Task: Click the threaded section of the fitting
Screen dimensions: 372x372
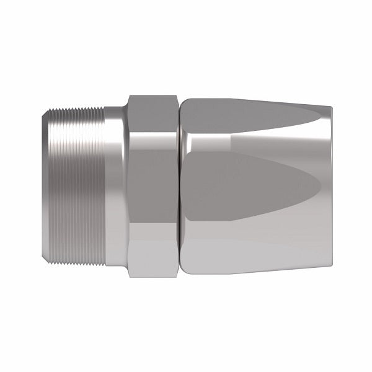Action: (77, 186)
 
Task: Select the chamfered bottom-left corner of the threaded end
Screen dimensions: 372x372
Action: (52, 260)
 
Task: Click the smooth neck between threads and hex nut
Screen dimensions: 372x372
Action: (115, 186)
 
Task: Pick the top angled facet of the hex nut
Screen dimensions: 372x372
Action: (154, 112)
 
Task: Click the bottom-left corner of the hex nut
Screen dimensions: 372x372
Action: (129, 275)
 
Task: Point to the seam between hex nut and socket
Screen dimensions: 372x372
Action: (180, 186)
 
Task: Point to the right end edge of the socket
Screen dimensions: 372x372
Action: (327, 186)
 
